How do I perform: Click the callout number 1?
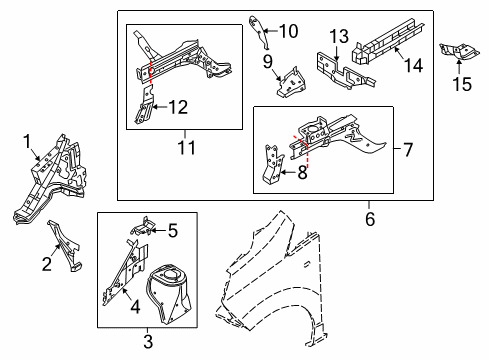(27, 142)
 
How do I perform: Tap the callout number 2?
(47, 264)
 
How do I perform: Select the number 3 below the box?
(148, 342)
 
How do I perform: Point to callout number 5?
(173, 231)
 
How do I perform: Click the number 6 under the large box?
(370, 219)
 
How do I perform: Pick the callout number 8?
(302, 173)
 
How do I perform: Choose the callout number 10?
(289, 31)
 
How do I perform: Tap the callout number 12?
(178, 107)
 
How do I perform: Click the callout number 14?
(414, 65)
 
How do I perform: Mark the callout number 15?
(462, 84)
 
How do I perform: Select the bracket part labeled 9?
(292, 83)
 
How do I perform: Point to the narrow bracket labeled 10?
(260, 32)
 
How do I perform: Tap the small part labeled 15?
(459, 52)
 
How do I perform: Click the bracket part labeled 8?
(272, 165)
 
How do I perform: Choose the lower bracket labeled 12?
(145, 105)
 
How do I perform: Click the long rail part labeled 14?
(388, 41)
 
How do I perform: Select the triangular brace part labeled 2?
(65, 246)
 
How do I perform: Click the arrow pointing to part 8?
(288, 173)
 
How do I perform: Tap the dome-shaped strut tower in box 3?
(168, 293)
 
